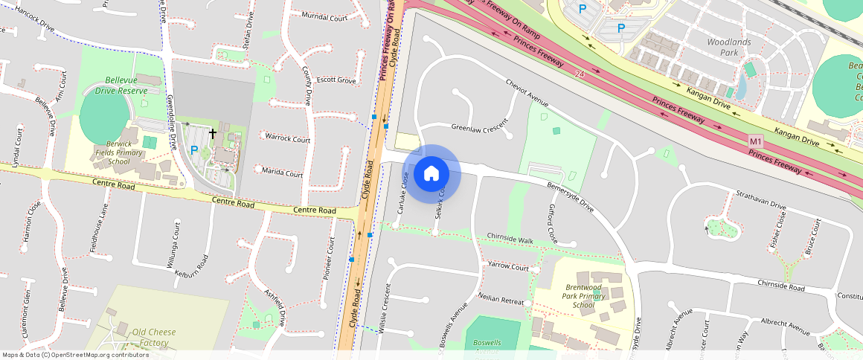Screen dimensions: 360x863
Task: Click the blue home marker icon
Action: pyautogui.click(x=431, y=174)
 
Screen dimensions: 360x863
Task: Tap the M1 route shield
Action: pyautogui.click(x=756, y=141)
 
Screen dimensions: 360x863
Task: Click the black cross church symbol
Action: pyautogui.click(x=213, y=134)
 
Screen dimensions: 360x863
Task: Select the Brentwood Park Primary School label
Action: pyautogui.click(x=584, y=296)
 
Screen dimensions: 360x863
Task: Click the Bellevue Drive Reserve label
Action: pyautogui.click(x=115, y=85)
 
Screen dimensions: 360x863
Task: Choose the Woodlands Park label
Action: pyautogui.click(x=722, y=48)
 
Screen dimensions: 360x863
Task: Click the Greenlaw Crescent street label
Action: pyautogui.click(x=478, y=128)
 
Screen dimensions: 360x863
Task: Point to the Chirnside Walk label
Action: pyautogui.click(x=510, y=240)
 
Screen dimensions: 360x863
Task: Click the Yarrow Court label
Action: pyautogui.click(x=507, y=266)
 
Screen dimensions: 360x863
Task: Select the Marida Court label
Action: pyautogui.click(x=283, y=173)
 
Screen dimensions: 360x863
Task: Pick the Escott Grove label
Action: pyautogui.click(x=336, y=80)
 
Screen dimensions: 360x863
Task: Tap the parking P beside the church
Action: pyautogui.click(x=194, y=150)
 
